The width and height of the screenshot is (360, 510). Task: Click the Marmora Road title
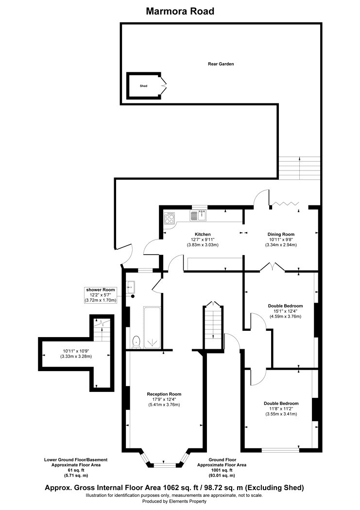pyautogui.click(x=180, y=11)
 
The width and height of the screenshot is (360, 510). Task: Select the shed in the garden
pyautogui.click(x=144, y=85)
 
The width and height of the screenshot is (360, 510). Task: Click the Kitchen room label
pyautogui.click(x=202, y=234)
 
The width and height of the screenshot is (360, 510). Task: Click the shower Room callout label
pyautogui.click(x=101, y=289)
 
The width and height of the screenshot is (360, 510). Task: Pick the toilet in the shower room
pyautogui.click(x=137, y=341)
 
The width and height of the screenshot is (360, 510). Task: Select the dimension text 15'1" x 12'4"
pyautogui.click(x=285, y=311)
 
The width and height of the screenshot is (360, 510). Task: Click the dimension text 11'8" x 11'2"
pyautogui.click(x=281, y=408)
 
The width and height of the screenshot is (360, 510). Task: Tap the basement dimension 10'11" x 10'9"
pyautogui.click(x=76, y=351)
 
